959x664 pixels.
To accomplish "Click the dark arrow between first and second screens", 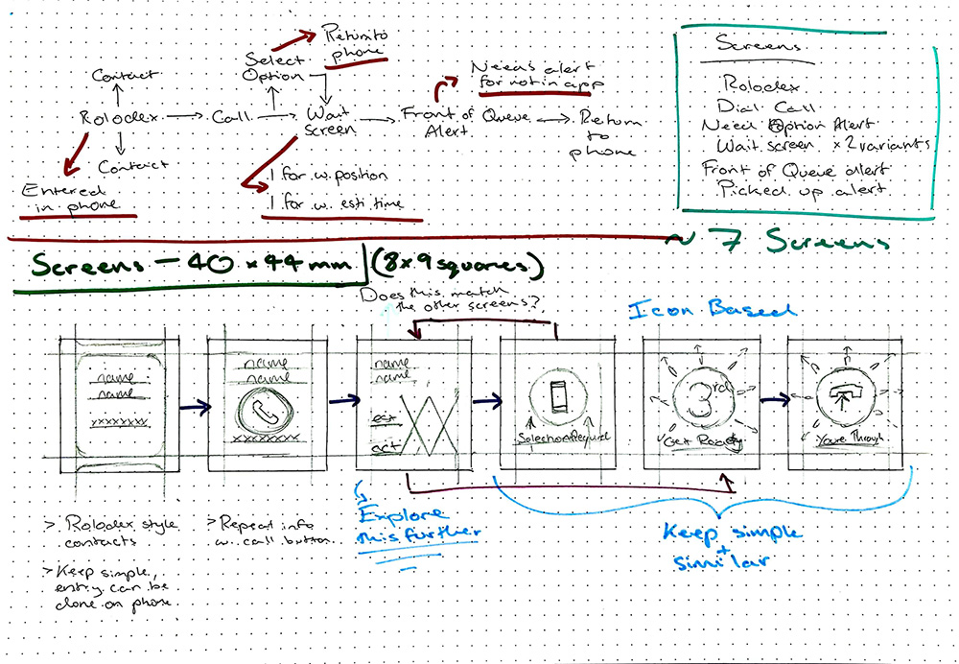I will (196, 407).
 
